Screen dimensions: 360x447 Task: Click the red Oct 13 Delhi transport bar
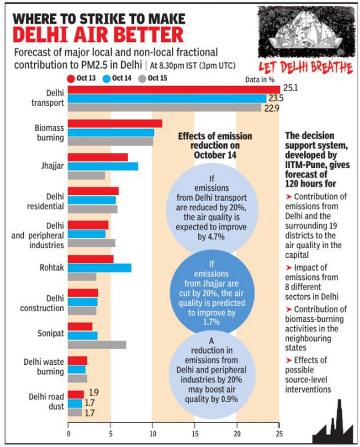click(x=173, y=90)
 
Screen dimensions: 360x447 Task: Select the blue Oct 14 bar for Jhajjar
click(x=103, y=167)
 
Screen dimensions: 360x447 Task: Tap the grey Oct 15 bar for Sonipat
click(x=97, y=345)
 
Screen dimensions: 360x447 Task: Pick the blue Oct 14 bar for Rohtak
click(x=100, y=268)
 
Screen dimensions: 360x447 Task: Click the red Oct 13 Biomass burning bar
click(x=115, y=124)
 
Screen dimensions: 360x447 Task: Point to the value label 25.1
click(x=290, y=88)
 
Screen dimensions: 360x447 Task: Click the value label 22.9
click(x=272, y=108)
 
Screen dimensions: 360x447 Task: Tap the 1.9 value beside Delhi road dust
click(x=94, y=393)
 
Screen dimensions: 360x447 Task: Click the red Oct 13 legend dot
click(x=71, y=78)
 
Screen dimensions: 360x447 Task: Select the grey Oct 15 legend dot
click(x=142, y=78)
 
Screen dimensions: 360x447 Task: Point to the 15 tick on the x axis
click(x=195, y=433)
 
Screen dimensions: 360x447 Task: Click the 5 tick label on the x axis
click(x=111, y=433)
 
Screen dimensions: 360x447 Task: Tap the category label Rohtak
click(x=52, y=267)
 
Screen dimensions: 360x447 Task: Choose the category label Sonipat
click(x=50, y=333)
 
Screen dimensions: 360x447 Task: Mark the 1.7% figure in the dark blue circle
click(x=211, y=322)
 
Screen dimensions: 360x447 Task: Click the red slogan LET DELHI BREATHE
click(x=306, y=67)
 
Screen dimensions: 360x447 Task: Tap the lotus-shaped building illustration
click(x=307, y=31)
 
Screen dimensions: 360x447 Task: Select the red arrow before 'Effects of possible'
click(x=289, y=361)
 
